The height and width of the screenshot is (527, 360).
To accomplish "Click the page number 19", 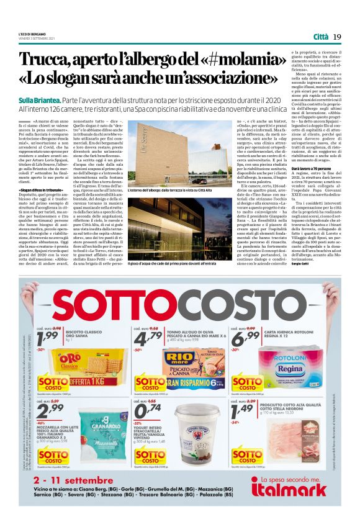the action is pos(337,38).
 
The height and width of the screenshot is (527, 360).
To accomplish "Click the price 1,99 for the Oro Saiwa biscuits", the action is pos(47,339).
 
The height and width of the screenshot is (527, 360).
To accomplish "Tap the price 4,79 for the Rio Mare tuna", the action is pos(146,339).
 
